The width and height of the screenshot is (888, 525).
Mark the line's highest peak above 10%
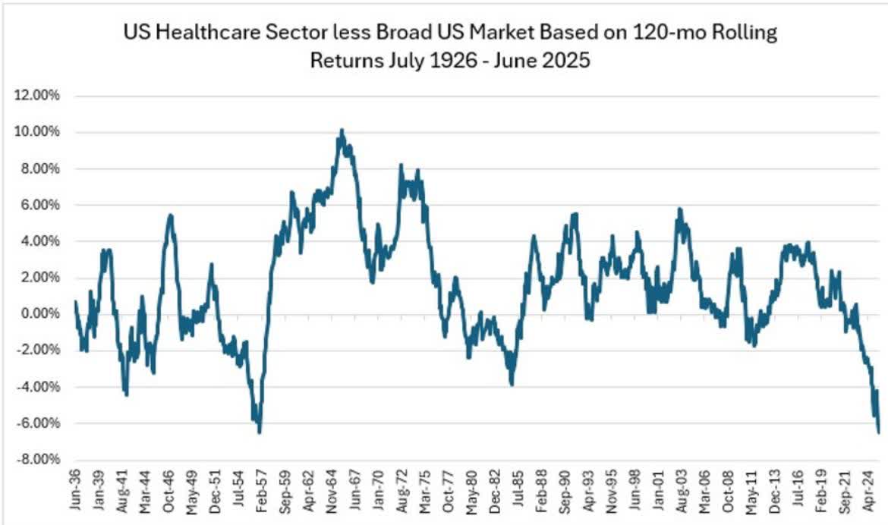pos(342,130)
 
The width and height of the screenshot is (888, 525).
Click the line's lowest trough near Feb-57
pos(260,432)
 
